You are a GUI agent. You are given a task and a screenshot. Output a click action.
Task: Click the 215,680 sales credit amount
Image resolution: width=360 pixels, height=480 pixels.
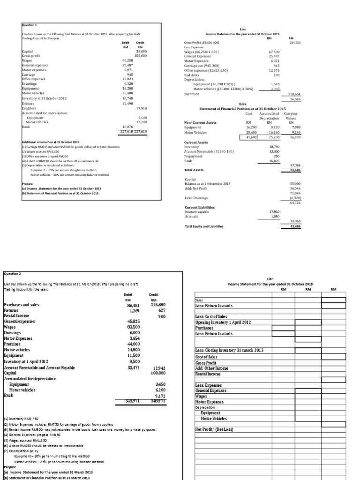coord(157,305)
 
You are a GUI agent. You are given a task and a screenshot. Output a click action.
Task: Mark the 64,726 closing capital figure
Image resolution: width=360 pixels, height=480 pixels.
coord(294,202)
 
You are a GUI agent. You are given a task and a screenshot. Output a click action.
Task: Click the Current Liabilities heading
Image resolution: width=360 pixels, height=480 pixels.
coord(199,207)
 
